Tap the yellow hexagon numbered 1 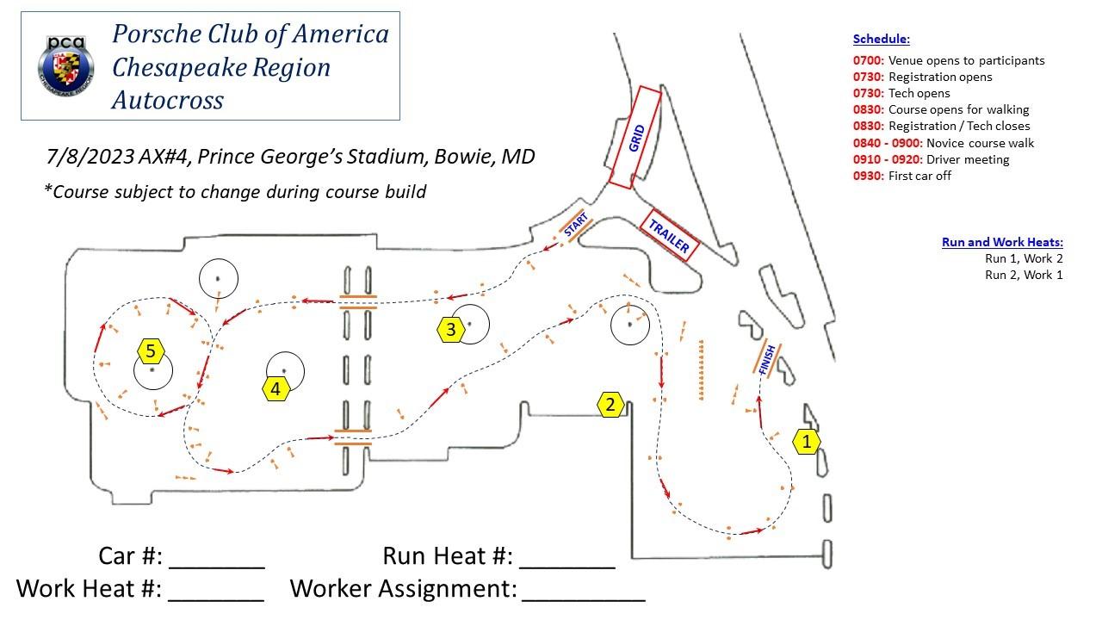pyautogui.click(x=807, y=442)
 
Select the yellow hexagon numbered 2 pyautogui.click(x=610, y=404)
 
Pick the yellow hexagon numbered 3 pyautogui.click(x=450, y=328)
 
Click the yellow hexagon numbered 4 pyautogui.click(x=275, y=389)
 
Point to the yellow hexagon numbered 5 pyautogui.click(x=151, y=350)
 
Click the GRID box pyautogui.click(x=636, y=138)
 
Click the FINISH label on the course pyautogui.click(x=767, y=359)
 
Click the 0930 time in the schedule pyautogui.click(x=868, y=176)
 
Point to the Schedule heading pyautogui.click(x=881, y=39)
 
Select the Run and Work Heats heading pyautogui.click(x=1002, y=242)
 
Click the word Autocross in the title pyautogui.click(x=168, y=100)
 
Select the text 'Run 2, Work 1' pyautogui.click(x=1024, y=275)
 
